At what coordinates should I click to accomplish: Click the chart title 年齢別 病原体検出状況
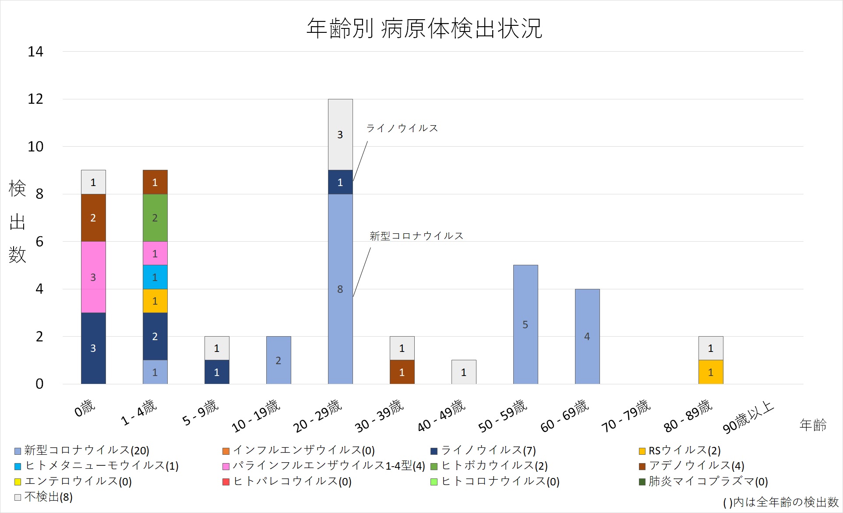point(424,29)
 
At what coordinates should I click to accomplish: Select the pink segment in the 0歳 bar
point(93,277)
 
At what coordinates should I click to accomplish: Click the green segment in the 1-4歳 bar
point(155,218)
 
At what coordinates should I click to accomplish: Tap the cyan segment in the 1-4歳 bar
point(155,277)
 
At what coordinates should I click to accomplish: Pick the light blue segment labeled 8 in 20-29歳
point(340,289)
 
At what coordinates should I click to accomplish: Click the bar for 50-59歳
point(526,324)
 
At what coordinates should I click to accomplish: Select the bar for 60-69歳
point(587,336)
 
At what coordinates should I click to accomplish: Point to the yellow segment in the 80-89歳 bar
point(711,372)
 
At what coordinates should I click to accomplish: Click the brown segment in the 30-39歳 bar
point(402,372)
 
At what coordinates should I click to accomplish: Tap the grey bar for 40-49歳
point(464,372)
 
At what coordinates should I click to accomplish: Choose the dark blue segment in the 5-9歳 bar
point(217,372)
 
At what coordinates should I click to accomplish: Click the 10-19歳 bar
point(279,360)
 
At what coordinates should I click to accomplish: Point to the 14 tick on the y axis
point(35,52)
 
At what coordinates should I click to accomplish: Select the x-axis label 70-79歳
point(626,416)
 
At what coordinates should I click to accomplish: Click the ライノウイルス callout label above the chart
point(402,128)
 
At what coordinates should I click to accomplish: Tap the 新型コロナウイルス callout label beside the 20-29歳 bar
point(416,236)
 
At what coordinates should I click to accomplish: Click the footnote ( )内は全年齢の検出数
point(781,502)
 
